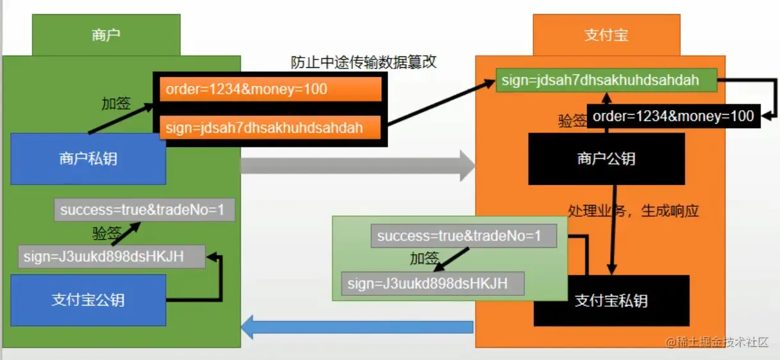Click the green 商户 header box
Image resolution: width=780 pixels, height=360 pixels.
point(106,35)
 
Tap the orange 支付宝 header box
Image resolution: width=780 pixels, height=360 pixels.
point(606,35)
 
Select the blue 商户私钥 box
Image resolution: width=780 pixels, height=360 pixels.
point(88,159)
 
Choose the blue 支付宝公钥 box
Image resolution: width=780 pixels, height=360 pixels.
point(88,300)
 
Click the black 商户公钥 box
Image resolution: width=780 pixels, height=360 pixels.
point(606,159)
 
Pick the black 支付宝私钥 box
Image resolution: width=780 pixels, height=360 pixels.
point(611,301)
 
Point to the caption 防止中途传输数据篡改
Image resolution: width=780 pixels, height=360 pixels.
point(363,62)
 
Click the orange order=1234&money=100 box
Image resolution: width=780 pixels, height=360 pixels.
point(270,89)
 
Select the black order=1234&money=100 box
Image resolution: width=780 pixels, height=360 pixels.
point(673,116)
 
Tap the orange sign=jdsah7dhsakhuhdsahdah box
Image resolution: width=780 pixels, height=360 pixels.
point(270,127)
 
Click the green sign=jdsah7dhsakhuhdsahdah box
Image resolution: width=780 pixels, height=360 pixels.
point(606,81)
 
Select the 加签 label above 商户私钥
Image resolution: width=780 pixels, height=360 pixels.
point(116,104)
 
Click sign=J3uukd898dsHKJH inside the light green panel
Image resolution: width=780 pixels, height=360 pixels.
point(433,283)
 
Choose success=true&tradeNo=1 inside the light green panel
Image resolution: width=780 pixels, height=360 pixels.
point(463,236)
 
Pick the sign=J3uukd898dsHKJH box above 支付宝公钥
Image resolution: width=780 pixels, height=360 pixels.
point(112,257)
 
